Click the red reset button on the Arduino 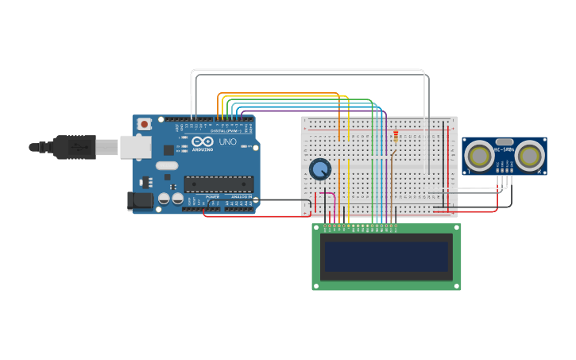click(x=144, y=124)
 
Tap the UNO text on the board click(x=227, y=141)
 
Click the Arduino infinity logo click(x=203, y=141)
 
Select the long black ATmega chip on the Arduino click(x=218, y=184)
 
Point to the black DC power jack click(x=140, y=201)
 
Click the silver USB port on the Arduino click(x=135, y=146)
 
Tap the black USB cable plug click(x=75, y=147)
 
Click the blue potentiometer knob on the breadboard click(x=320, y=169)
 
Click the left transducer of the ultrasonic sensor click(x=480, y=156)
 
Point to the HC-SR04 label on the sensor click(x=504, y=149)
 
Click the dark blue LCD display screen click(x=386, y=257)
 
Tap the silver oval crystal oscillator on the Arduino click(x=167, y=165)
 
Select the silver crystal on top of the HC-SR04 click(x=504, y=141)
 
